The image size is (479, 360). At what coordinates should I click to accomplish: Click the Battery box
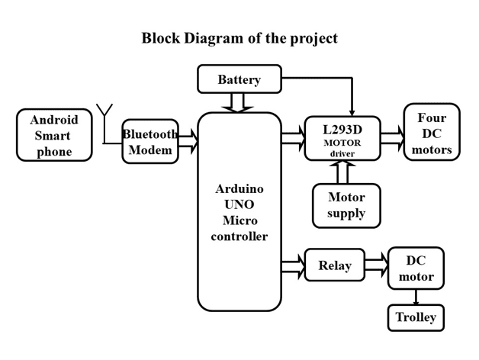(239, 79)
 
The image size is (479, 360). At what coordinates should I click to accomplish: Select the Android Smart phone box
(54, 135)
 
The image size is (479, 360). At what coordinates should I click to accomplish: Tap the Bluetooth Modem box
(150, 141)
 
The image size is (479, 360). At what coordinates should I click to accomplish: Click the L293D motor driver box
(342, 138)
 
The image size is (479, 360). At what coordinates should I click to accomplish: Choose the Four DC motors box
(432, 133)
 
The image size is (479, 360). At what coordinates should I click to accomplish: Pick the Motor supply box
(346, 205)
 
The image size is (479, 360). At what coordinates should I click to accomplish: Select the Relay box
(334, 265)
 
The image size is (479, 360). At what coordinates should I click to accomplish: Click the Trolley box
(416, 317)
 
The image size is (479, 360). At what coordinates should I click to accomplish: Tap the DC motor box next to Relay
(416, 268)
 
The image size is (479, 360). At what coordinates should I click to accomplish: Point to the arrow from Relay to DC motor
(376, 265)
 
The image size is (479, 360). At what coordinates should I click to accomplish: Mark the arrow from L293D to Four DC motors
(392, 138)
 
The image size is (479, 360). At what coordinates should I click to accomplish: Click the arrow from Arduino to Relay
(293, 265)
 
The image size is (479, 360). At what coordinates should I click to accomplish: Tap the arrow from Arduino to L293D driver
(293, 138)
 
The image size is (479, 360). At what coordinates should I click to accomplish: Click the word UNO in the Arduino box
(239, 204)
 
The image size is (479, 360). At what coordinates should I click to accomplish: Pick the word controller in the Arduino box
(239, 236)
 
